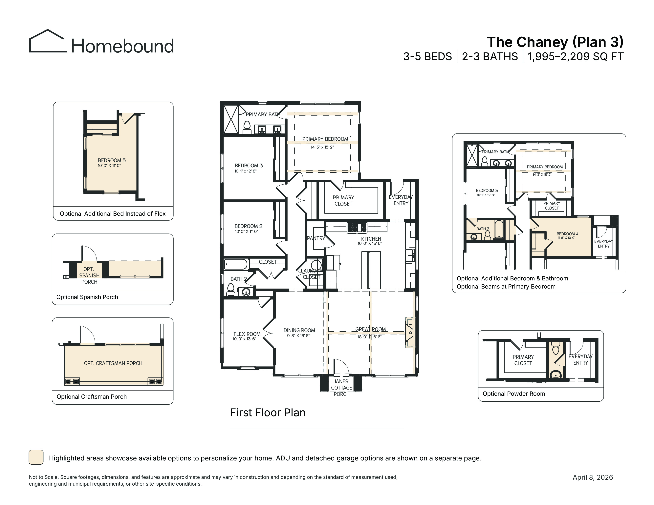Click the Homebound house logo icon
click(x=48, y=41)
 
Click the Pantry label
click(x=316, y=238)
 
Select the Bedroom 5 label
click(x=112, y=160)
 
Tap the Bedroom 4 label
click(x=567, y=234)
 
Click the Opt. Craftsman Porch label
click(x=113, y=363)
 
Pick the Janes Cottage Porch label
click(x=341, y=388)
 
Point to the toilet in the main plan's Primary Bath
click(x=247, y=128)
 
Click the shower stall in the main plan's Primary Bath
click(x=231, y=119)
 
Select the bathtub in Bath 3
click(x=499, y=229)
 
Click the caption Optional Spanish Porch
click(x=87, y=297)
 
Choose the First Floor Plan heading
click(x=268, y=413)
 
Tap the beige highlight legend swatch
click(x=36, y=457)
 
